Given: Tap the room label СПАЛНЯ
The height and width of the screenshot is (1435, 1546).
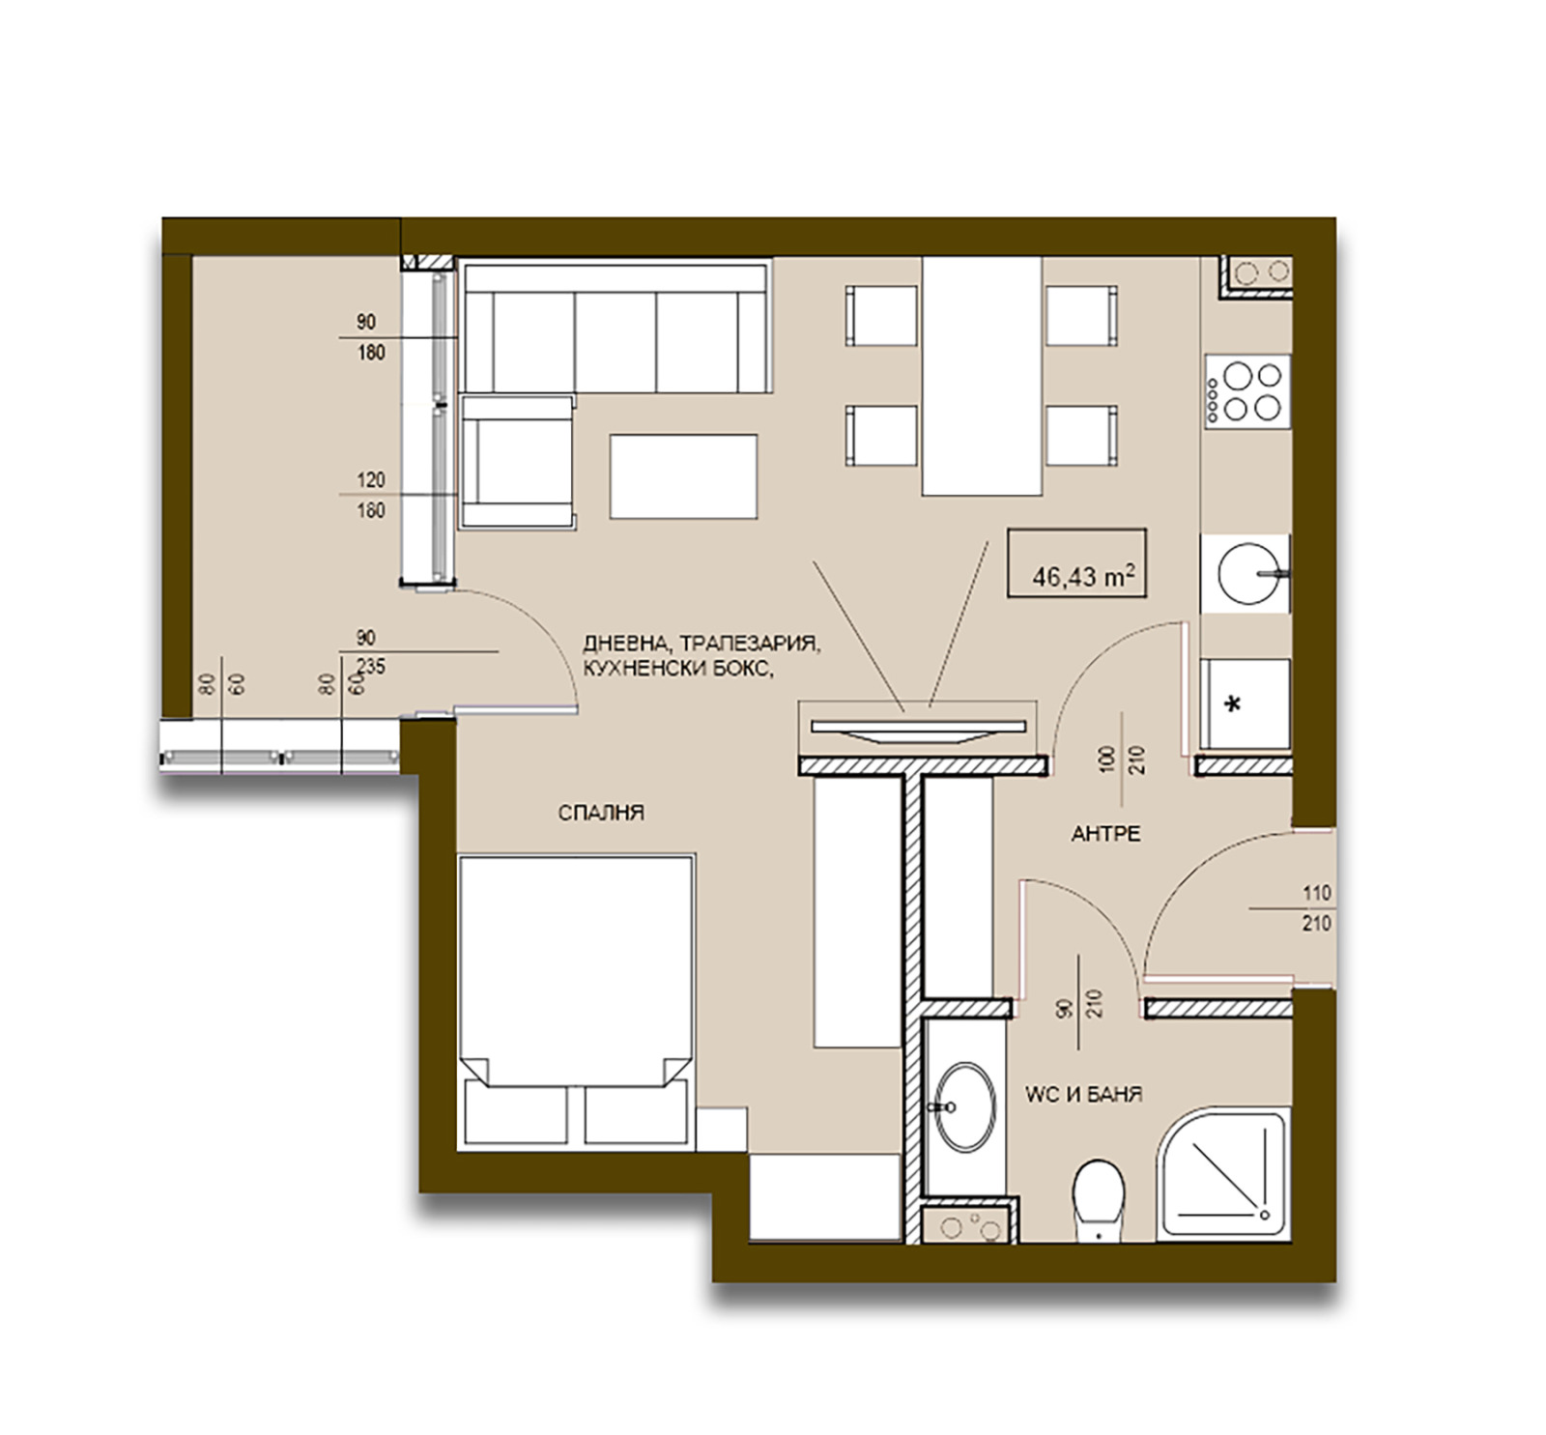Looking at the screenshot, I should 600,814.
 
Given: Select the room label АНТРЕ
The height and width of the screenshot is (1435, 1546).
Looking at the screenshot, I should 1105,834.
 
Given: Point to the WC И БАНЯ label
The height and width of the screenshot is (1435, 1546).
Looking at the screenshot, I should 1083,1095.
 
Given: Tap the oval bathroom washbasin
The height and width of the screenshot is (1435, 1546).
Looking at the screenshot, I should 964,1106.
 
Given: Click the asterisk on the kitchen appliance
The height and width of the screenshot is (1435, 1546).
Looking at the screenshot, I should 1232,705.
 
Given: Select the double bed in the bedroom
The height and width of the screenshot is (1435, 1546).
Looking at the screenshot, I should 576,1000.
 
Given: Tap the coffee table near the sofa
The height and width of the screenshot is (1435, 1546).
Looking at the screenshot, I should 683,476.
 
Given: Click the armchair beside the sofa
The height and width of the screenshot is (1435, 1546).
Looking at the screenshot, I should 517,463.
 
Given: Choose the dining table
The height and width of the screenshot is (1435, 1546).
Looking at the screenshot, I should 982,376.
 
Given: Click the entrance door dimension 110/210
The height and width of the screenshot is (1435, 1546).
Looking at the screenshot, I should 1315,908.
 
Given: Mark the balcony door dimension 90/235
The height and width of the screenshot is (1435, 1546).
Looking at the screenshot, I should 368,652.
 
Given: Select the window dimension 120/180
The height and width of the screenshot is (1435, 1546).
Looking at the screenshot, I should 371,495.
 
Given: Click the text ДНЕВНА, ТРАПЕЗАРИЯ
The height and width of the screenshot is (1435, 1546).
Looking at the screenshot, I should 701,644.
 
